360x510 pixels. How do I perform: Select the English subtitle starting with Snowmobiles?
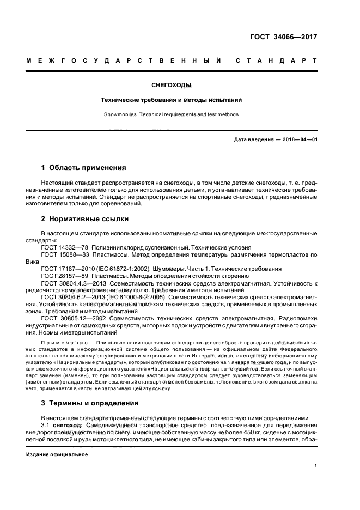pos(172,114)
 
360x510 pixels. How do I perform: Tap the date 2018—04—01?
pos(299,139)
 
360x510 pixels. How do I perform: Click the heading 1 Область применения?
pos(84,167)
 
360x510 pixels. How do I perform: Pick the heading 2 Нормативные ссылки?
pos(85,219)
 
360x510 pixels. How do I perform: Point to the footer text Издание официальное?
pos(57,454)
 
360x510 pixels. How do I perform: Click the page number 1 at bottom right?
pos(315,466)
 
